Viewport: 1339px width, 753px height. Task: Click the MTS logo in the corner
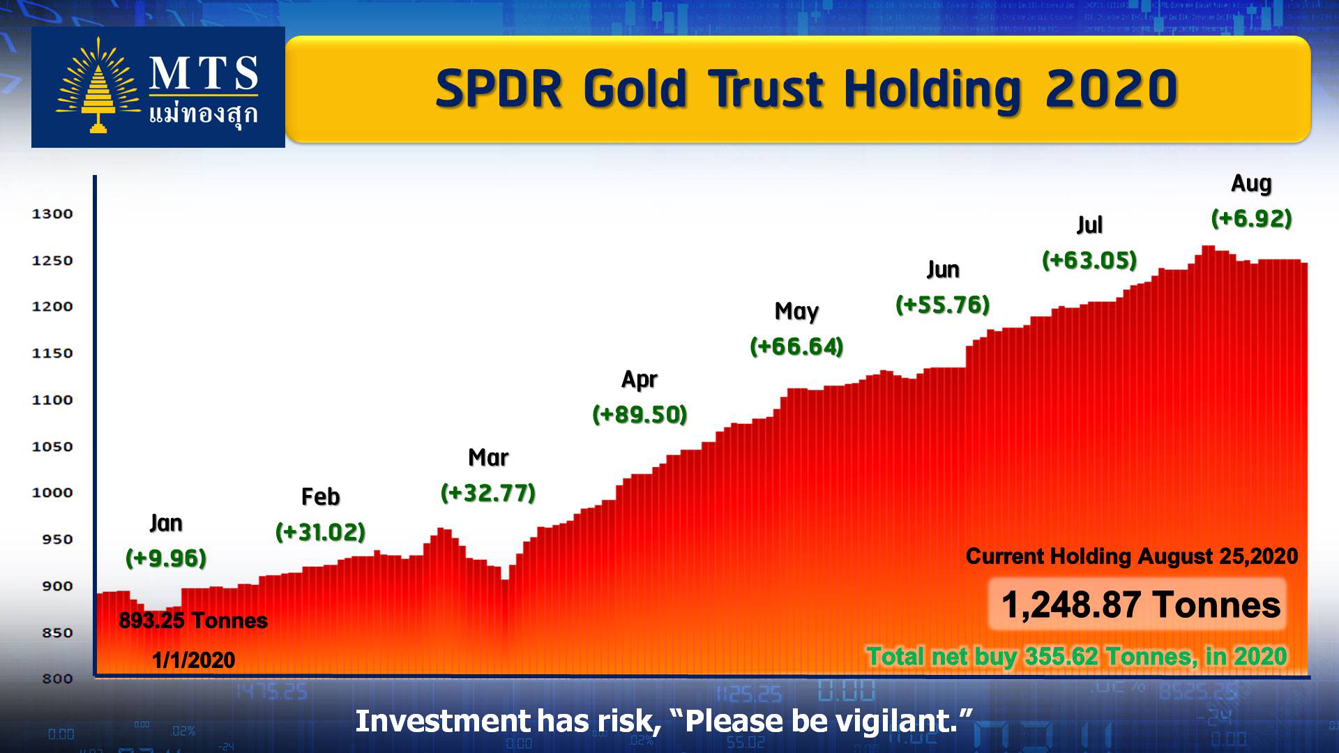(158, 87)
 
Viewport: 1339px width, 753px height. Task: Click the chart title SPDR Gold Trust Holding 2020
(807, 89)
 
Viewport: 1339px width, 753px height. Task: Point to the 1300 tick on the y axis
(52, 214)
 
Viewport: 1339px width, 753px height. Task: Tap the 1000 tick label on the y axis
(52, 493)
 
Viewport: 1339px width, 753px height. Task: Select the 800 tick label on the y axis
(57, 679)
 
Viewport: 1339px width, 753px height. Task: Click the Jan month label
(166, 523)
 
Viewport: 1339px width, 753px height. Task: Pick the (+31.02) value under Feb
(321, 532)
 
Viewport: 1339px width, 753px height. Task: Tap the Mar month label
(488, 457)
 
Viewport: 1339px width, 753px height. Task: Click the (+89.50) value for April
(640, 414)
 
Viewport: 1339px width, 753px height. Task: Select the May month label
(796, 312)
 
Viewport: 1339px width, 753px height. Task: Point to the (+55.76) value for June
(943, 305)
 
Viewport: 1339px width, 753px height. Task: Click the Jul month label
(1089, 225)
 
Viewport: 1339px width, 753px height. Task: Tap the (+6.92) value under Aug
(1252, 218)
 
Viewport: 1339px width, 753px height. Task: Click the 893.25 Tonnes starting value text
(193, 621)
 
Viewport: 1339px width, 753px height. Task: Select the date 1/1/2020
(193, 660)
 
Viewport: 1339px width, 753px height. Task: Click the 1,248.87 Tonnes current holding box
(1137, 604)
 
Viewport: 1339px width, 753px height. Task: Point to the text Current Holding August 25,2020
(1131, 556)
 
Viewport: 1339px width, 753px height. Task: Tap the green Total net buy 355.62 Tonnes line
(1077, 656)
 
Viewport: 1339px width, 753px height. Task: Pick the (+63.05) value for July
(1089, 260)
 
